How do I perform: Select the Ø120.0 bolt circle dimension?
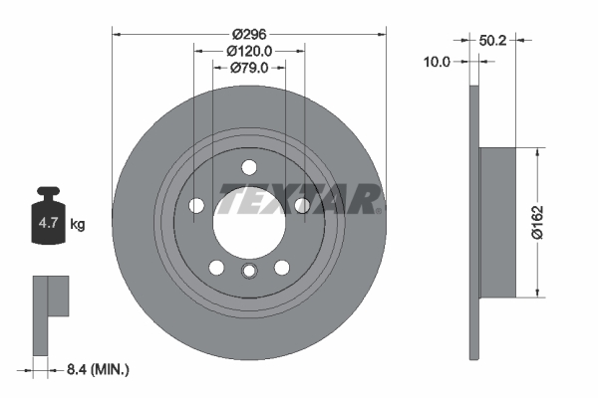pos(248,50)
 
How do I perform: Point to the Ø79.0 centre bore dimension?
pos(249,68)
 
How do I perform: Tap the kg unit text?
pos(78,225)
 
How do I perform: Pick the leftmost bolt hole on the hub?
pos(196,206)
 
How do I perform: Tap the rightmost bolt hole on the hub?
pos(302,205)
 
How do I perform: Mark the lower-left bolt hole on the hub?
pos(215,267)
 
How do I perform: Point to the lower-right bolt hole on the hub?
pos(282,267)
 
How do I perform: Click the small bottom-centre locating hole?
pos(249,272)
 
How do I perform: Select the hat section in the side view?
pos(497,222)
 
